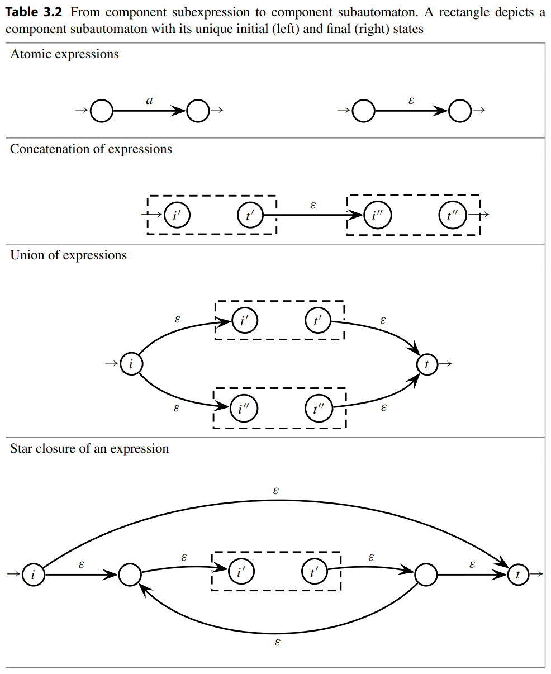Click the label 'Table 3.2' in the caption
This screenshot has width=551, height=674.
point(34,12)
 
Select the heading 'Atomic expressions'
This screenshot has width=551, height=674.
point(64,54)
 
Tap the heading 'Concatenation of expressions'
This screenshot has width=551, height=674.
point(91,149)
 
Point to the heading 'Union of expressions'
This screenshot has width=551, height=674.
point(68,255)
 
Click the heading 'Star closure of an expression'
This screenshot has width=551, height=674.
point(89,449)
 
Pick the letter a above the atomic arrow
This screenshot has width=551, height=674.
point(149,101)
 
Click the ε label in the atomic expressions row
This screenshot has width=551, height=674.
point(412,101)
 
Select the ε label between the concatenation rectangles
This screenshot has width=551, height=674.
point(313,205)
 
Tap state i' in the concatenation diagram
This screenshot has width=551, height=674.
point(177,215)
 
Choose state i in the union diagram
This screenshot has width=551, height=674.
point(131,364)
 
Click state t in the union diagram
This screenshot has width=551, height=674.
point(427,364)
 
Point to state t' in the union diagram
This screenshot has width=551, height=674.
point(318,321)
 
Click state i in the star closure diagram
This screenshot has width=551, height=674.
point(33,575)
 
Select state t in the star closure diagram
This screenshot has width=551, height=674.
point(518,575)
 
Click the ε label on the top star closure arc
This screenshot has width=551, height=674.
point(276,491)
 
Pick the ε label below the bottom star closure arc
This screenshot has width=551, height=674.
point(277,642)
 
